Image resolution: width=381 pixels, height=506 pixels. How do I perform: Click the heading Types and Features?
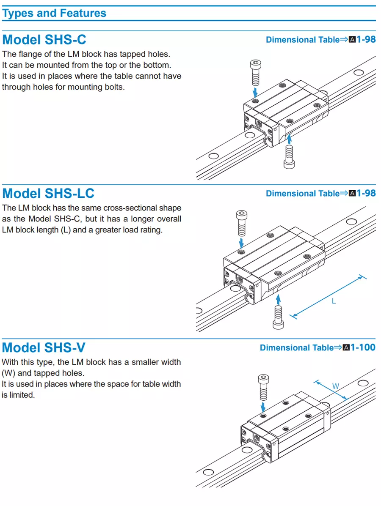click(54, 13)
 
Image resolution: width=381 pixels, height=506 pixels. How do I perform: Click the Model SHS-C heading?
click(44, 40)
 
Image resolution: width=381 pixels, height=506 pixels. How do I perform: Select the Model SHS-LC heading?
click(48, 194)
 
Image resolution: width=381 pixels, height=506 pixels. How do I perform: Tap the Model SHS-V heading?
click(44, 347)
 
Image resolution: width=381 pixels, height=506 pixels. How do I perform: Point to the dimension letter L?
click(334, 301)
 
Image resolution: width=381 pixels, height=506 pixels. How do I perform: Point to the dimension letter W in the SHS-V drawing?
click(335, 386)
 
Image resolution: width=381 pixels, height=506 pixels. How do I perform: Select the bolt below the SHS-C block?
click(290, 156)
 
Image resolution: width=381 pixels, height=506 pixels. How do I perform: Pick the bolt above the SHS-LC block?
click(241, 223)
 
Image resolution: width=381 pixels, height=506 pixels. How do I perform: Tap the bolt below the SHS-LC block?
click(278, 317)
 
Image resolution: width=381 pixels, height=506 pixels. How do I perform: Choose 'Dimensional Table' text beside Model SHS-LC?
click(303, 194)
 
